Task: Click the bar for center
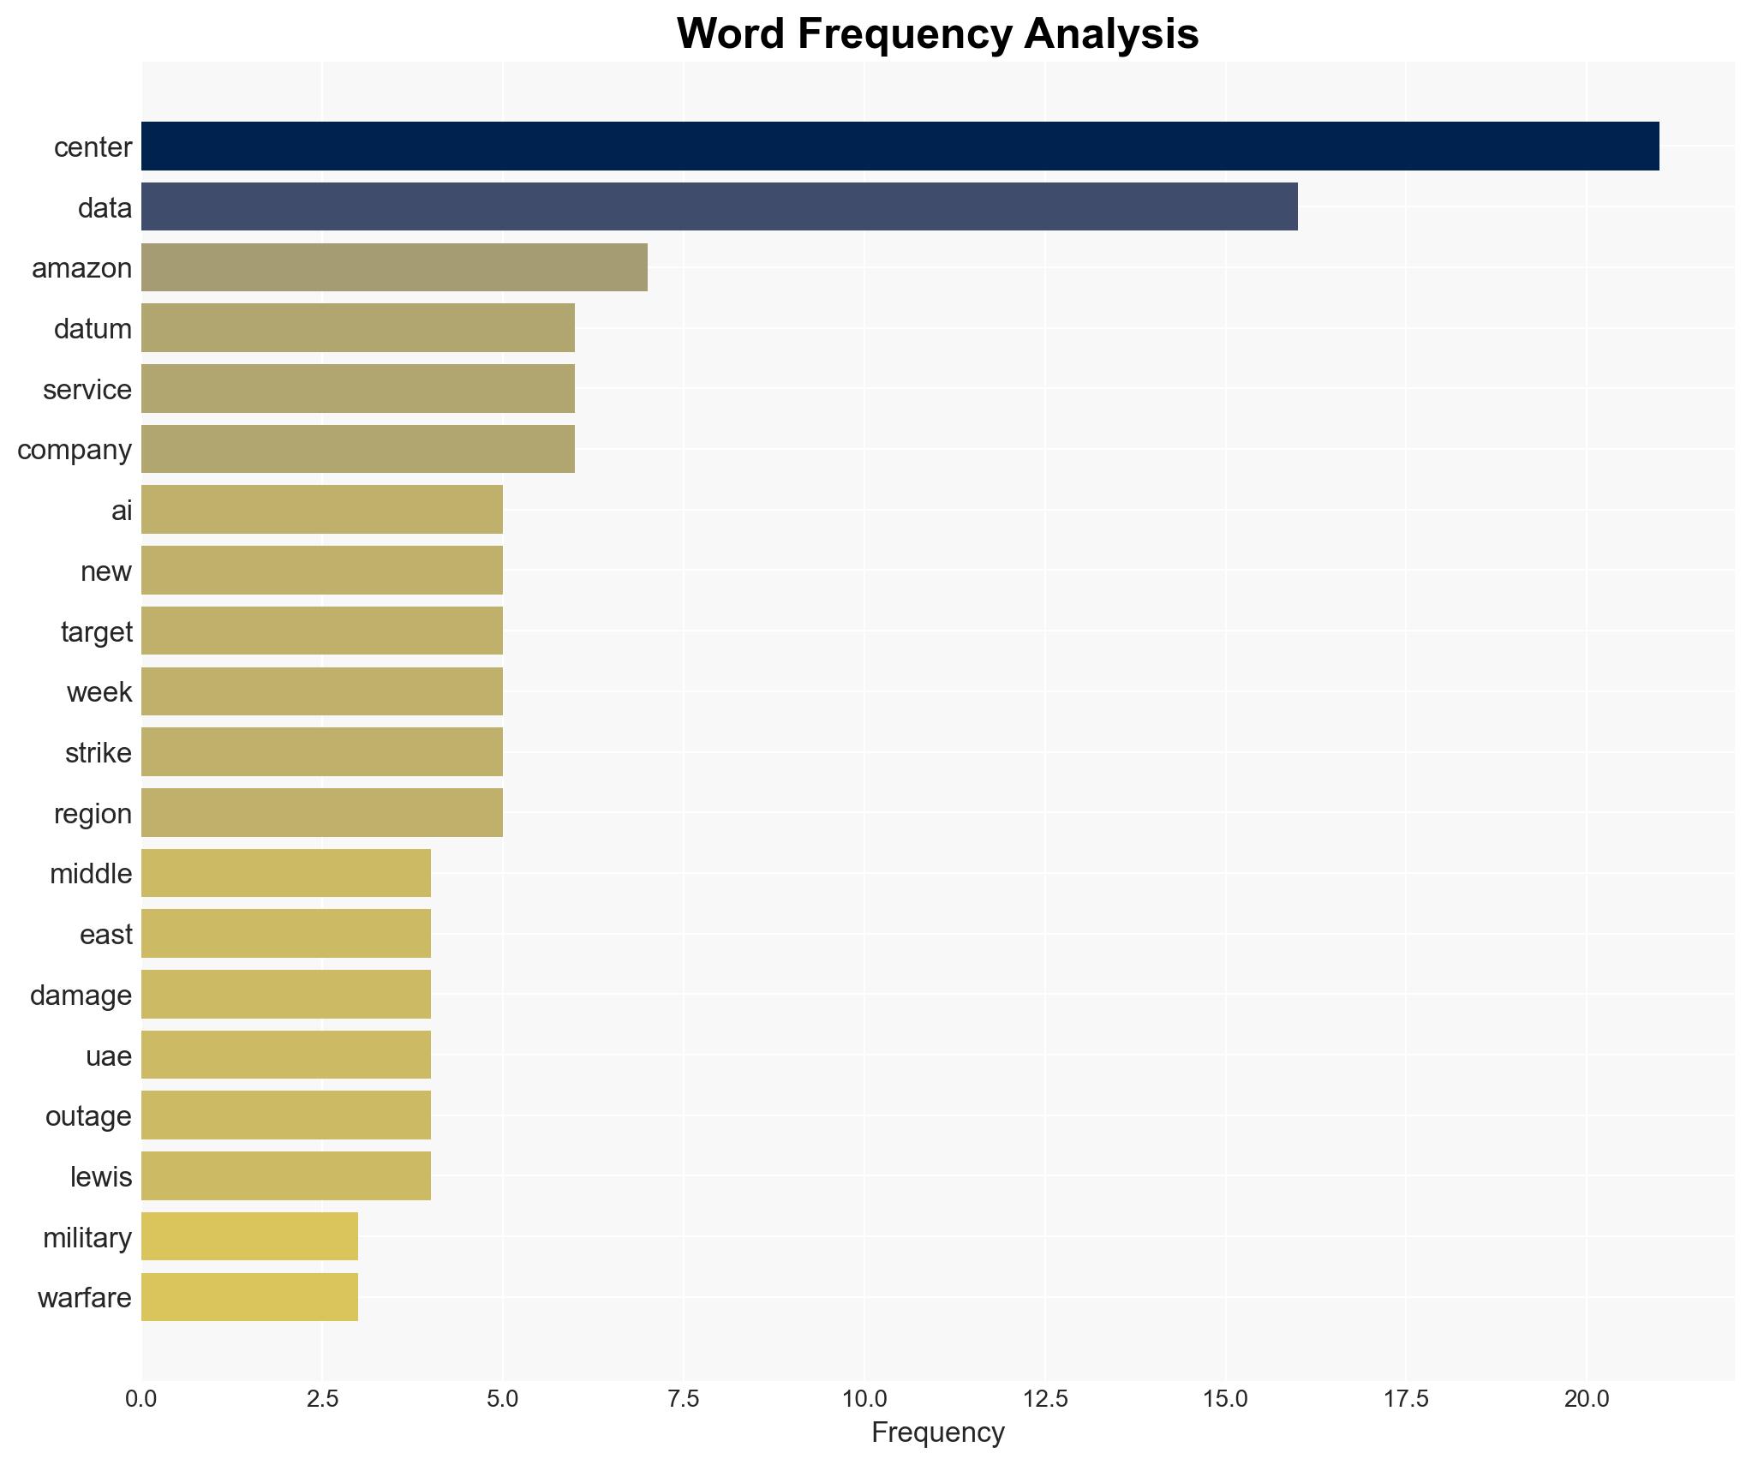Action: (x=900, y=146)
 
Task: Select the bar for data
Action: (x=719, y=207)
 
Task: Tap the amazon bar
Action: (x=394, y=267)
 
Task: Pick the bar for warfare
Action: (x=249, y=1297)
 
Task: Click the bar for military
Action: (x=249, y=1236)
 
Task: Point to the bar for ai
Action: (x=321, y=510)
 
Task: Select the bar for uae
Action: (x=285, y=1055)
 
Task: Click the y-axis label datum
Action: (x=93, y=329)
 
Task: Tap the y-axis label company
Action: (x=75, y=450)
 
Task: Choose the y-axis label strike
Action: (x=99, y=753)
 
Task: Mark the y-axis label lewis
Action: (x=101, y=1177)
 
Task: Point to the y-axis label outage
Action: (x=88, y=1116)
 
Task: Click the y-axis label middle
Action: (x=91, y=874)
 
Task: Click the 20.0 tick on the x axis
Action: (x=1586, y=1399)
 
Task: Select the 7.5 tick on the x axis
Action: (x=683, y=1399)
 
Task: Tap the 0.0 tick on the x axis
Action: (x=141, y=1399)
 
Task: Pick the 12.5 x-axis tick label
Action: (x=1044, y=1399)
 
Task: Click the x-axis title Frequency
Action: (x=937, y=1432)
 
